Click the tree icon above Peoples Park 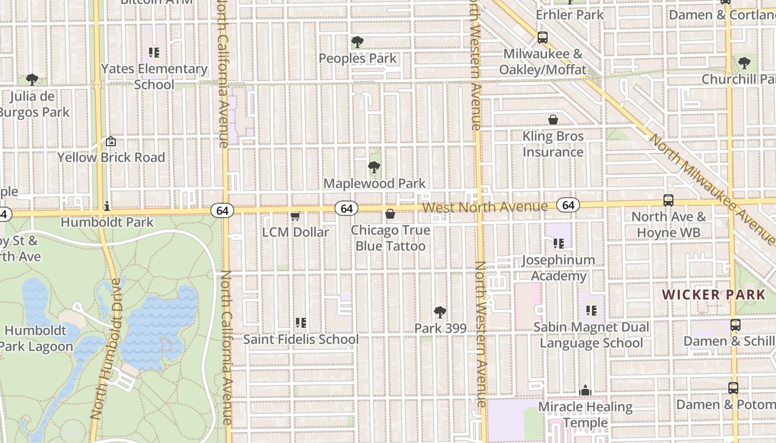tap(358, 42)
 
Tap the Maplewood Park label tap(374, 183)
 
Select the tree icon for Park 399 tap(440, 312)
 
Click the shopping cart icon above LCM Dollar tap(295, 216)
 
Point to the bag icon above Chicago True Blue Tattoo tap(390, 214)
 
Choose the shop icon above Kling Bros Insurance tap(553, 120)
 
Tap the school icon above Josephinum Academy tap(558, 243)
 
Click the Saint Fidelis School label tap(300, 339)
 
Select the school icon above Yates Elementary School tap(154, 53)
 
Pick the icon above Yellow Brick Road tap(111, 142)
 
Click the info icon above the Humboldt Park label tap(107, 207)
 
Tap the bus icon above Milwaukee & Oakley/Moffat tap(542, 38)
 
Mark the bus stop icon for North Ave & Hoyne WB tap(668, 200)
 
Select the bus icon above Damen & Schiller tap(736, 325)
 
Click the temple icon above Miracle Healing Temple tap(585, 391)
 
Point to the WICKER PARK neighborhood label tap(714, 295)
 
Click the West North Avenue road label tap(485, 207)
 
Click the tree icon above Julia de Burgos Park tap(32, 80)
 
